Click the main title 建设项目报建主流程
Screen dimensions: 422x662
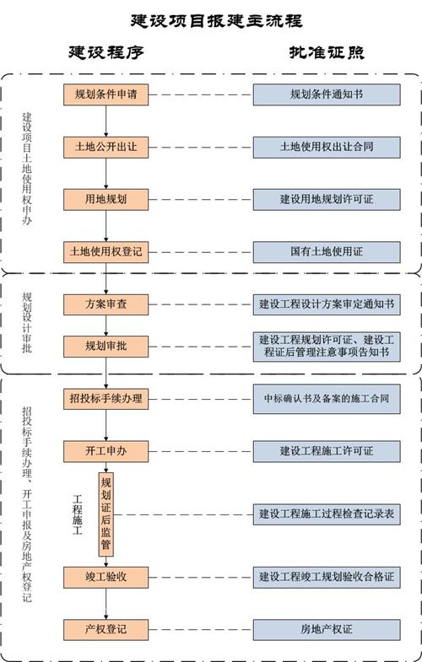216,21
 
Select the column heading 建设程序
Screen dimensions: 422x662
106,52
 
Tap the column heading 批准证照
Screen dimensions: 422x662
327,52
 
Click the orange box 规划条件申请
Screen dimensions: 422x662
106,94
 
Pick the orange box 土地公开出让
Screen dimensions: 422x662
106,147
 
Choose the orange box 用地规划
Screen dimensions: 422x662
106,199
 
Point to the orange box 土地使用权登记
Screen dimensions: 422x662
106,252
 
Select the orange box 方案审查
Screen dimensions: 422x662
106,304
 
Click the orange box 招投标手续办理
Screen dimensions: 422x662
106,399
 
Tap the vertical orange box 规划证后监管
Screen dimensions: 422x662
106,514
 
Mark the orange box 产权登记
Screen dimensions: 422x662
106,629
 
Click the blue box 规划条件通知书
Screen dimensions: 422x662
327,94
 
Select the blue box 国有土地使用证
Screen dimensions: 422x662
327,252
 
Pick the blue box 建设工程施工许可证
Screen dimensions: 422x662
327,451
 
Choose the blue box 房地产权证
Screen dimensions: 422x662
327,629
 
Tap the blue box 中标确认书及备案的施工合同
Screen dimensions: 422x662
327,399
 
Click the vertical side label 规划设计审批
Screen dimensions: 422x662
27,322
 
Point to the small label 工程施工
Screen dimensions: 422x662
78,514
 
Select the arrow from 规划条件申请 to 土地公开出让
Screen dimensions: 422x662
106,121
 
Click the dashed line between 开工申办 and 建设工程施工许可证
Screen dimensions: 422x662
201,451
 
